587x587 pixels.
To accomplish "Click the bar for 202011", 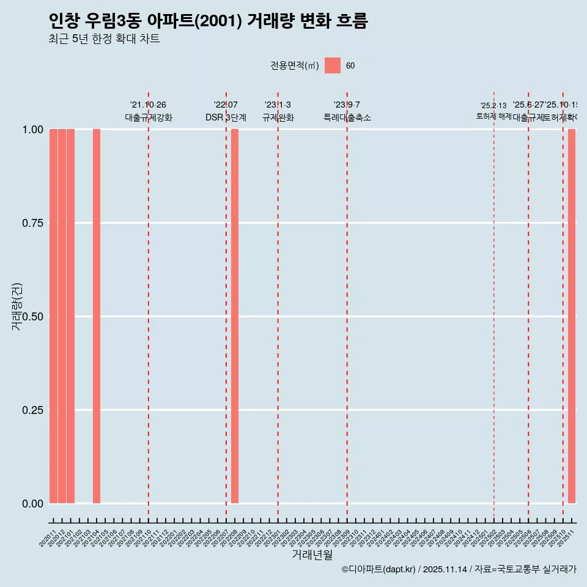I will click(x=53, y=316).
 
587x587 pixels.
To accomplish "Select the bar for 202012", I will click(x=62, y=316).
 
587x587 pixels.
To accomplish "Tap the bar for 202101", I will click(x=70, y=316).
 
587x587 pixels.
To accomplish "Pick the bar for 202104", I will click(x=97, y=316).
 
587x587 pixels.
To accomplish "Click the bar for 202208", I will click(x=235, y=316).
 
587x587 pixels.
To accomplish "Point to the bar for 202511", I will click(x=572, y=316).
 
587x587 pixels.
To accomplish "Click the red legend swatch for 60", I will click(x=333, y=65).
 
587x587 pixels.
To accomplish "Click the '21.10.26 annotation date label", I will click(x=148, y=105).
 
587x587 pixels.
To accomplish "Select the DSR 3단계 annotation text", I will click(x=226, y=117).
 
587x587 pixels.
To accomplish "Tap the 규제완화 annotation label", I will click(x=278, y=117).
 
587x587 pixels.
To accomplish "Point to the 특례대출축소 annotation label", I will click(x=347, y=117).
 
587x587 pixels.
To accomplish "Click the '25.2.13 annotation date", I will click(x=493, y=106).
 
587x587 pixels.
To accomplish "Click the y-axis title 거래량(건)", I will click(x=17, y=306).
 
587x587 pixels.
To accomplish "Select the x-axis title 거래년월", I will click(x=312, y=555).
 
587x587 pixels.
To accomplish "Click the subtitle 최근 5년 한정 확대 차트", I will click(x=104, y=39).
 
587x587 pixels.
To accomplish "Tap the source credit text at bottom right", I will click(x=459, y=570).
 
